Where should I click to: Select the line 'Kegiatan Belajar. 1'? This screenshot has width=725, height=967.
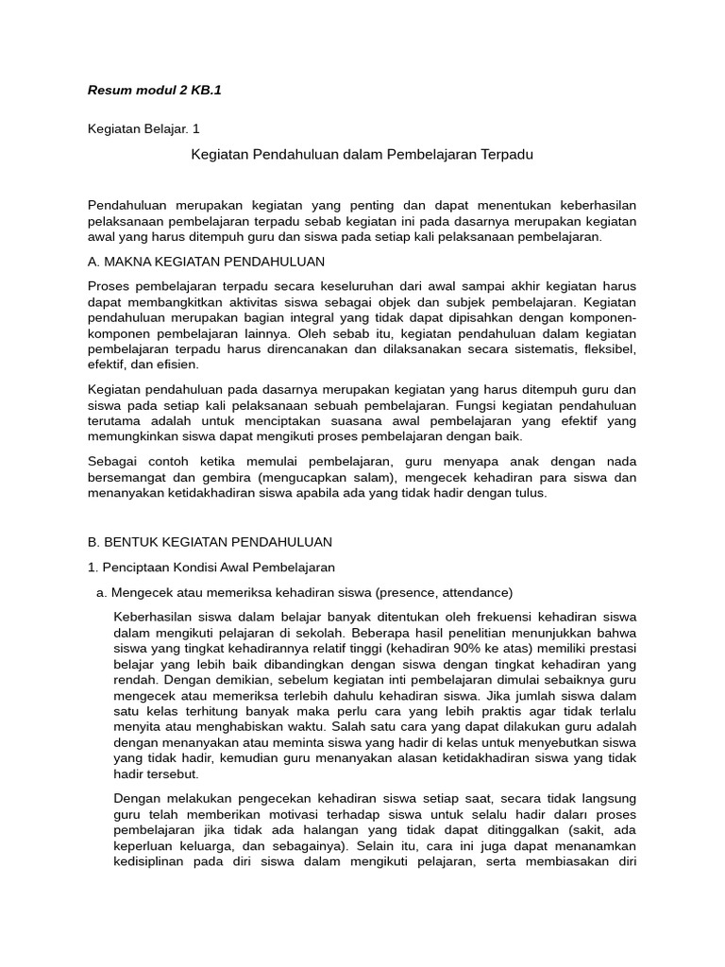(143, 128)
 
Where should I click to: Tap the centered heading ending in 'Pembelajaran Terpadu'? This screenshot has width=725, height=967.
(362, 155)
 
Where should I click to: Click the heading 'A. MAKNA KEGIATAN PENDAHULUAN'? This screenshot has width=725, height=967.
(206, 261)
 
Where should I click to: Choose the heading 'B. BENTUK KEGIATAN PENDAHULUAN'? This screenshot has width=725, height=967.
(210, 542)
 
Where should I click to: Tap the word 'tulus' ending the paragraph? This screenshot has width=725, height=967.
(529, 493)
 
